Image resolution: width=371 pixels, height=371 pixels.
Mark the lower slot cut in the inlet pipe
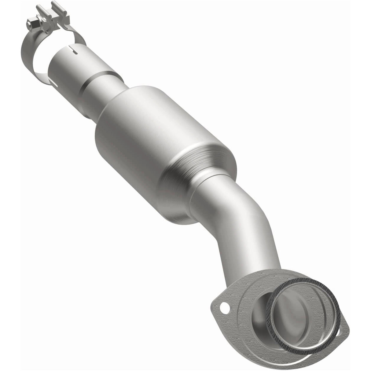(53, 83)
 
